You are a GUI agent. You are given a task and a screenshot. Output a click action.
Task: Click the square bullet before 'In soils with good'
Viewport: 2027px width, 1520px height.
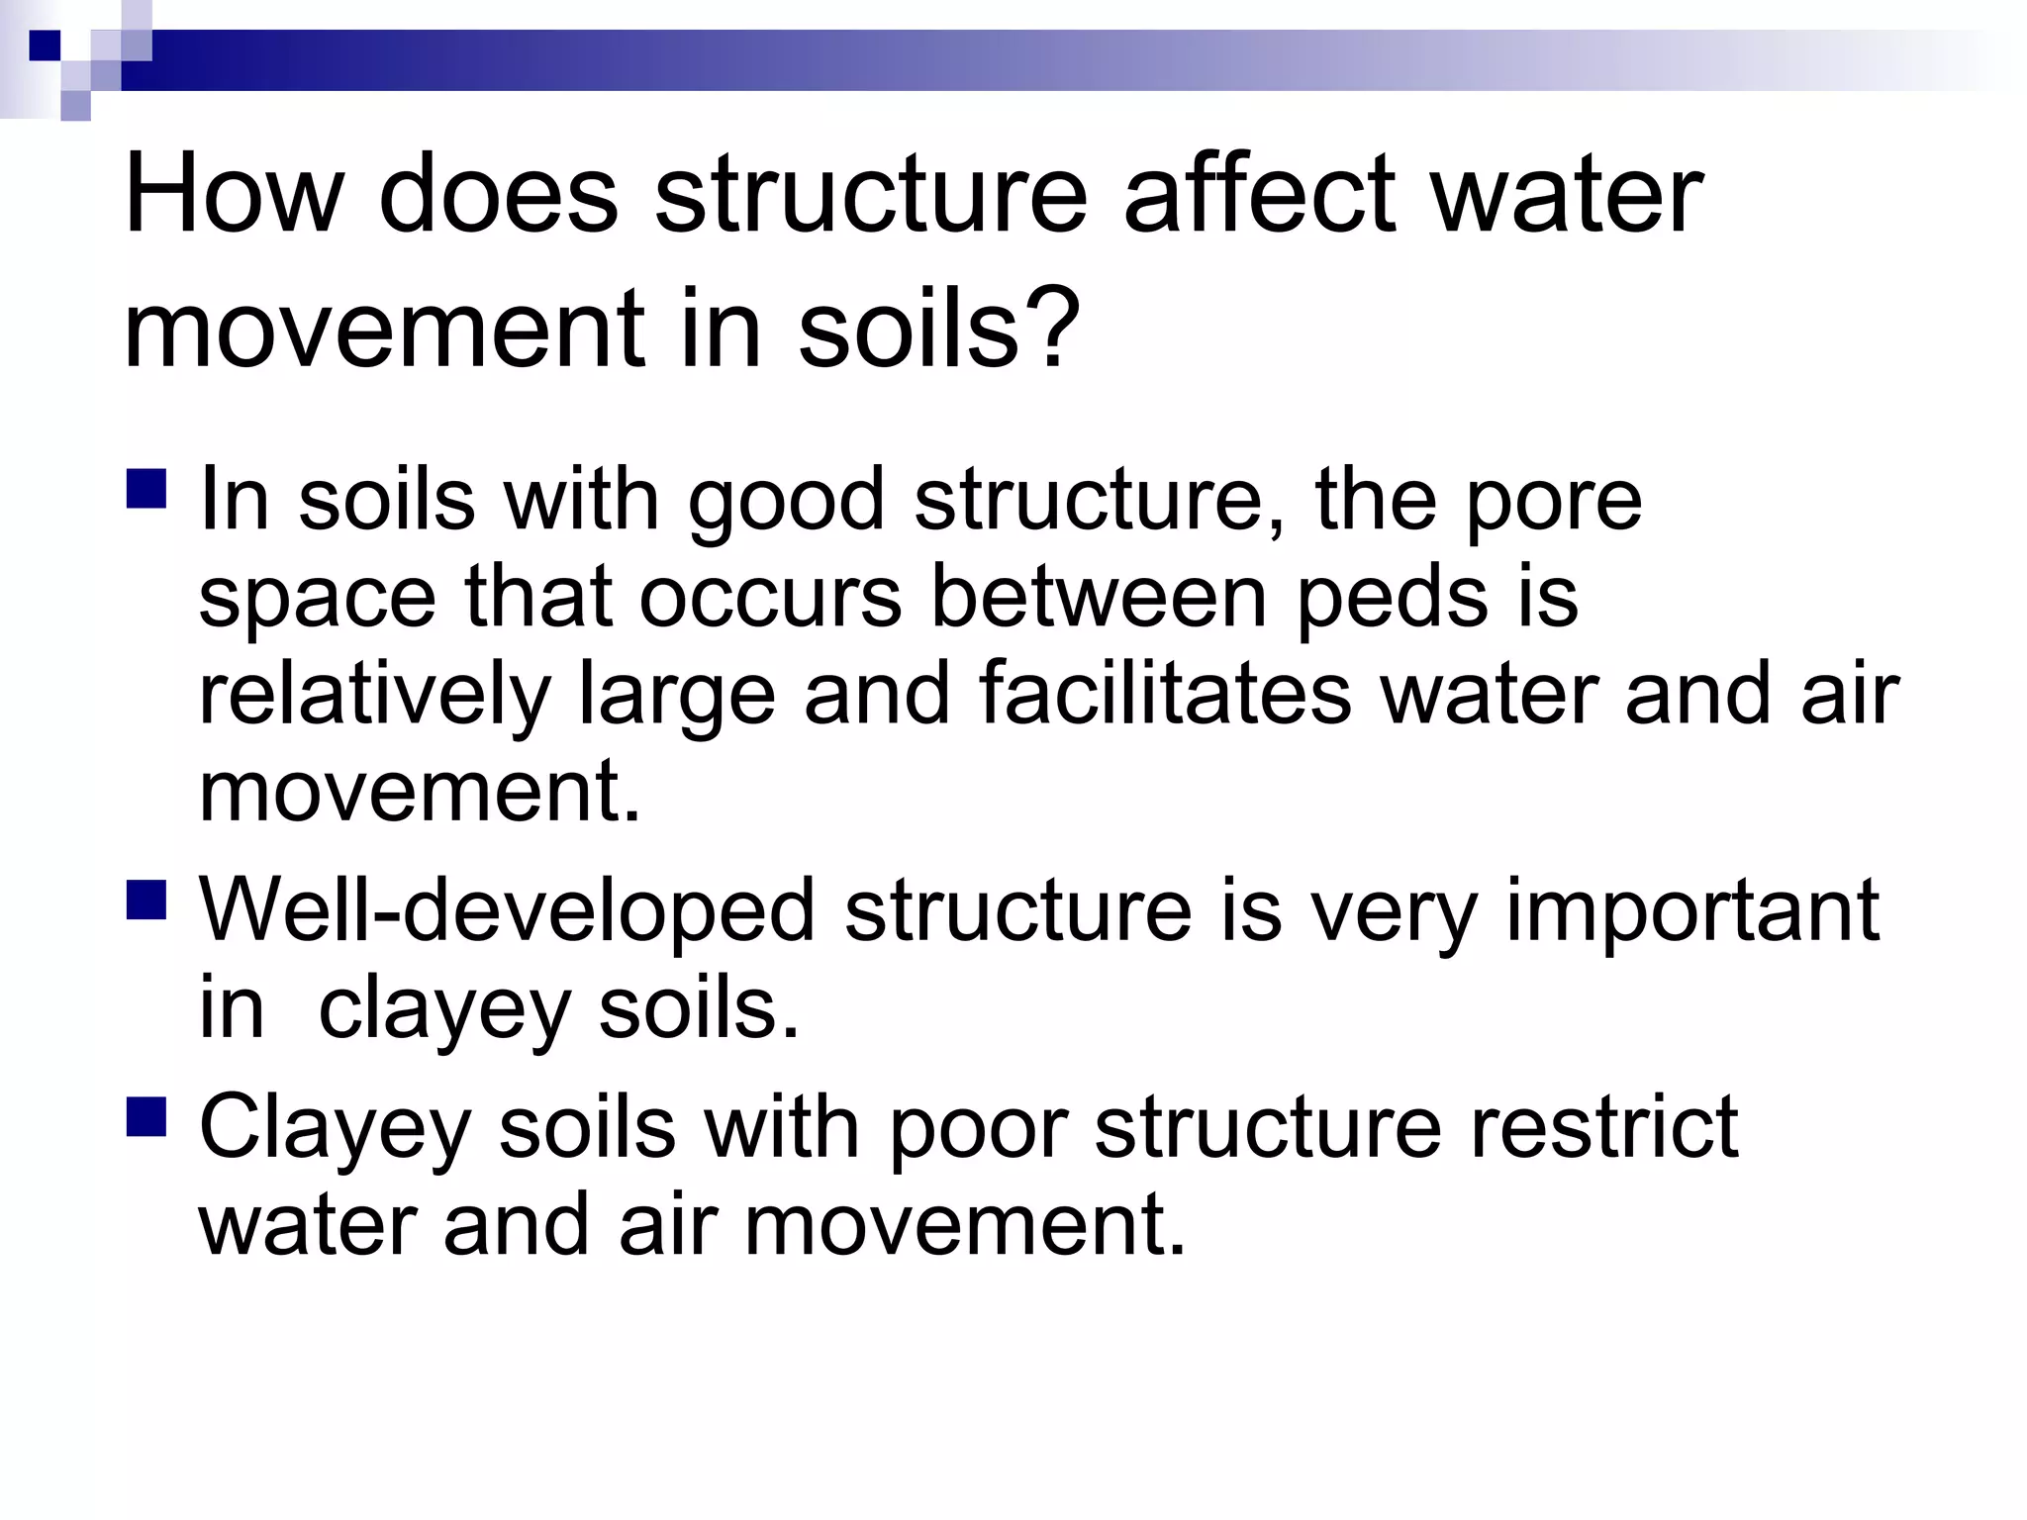tap(146, 489)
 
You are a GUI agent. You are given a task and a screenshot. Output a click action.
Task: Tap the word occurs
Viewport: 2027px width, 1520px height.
tap(770, 598)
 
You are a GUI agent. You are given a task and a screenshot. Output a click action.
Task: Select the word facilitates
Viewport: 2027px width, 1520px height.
tap(1165, 695)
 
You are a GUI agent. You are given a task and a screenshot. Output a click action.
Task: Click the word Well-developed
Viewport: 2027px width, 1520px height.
tap(507, 912)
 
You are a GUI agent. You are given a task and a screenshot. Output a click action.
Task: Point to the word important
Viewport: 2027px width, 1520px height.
tap(1691, 912)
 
